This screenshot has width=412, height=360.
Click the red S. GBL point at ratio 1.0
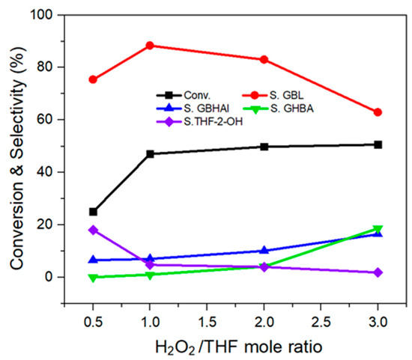coord(150,46)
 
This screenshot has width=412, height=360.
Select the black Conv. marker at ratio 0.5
coord(93,212)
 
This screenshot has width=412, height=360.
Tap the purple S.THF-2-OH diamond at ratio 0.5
coord(93,230)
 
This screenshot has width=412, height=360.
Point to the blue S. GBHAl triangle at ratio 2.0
coord(264,251)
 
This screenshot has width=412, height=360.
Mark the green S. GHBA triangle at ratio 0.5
coord(93,278)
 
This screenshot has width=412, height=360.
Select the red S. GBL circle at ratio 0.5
coord(93,79)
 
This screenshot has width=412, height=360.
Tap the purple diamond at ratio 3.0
coord(378,272)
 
